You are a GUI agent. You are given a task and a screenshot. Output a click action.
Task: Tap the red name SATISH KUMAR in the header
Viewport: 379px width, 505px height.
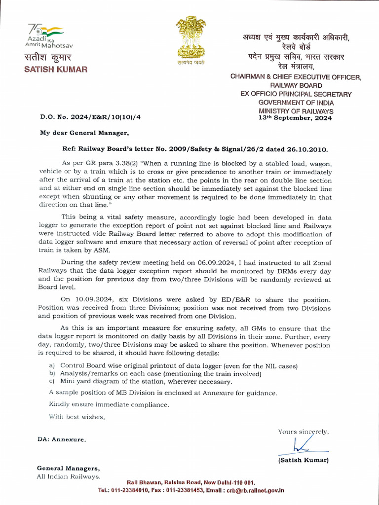pyautogui.click(x=56, y=69)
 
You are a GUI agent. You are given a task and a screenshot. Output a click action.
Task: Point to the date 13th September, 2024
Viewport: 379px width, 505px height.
pyautogui.click(x=296, y=118)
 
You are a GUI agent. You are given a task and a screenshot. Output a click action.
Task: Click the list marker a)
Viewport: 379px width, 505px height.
pyautogui.click(x=52, y=365)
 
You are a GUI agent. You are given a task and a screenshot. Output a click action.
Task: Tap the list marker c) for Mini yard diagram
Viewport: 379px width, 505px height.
pyautogui.click(x=52, y=381)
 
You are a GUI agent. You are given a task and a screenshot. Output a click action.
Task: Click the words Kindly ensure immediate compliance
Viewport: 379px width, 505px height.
pyautogui.click(x=109, y=404)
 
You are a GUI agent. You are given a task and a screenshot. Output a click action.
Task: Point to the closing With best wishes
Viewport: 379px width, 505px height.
pyautogui.click(x=76, y=417)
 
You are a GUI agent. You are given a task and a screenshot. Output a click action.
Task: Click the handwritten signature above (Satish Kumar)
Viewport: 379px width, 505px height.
pyautogui.click(x=301, y=445)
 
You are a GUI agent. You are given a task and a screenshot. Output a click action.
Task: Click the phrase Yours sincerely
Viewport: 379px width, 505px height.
pyautogui.click(x=303, y=432)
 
